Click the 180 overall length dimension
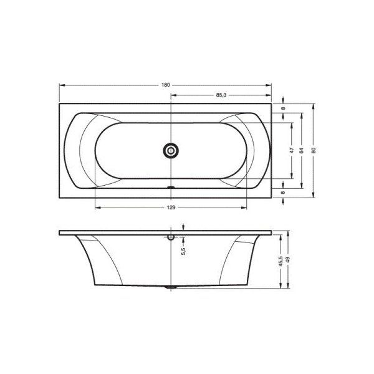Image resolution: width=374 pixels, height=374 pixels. click(x=166, y=85)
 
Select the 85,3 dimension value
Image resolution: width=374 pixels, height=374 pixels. click(x=221, y=95)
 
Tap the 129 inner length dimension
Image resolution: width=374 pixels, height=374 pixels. click(x=171, y=208)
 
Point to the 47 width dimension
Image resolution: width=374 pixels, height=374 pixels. click(x=292, y=150)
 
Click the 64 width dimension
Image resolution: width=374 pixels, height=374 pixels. click(x=302, y=150)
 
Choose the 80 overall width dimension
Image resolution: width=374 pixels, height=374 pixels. click(x=314, y=150)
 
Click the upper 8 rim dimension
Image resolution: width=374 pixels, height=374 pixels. click(x=283, y=108)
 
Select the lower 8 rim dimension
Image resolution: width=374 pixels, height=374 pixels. click(x=283, y=193)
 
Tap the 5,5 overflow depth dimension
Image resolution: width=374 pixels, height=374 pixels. click(x=183, y=251)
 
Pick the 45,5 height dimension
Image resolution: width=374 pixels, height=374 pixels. click(x=280, y=261)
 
